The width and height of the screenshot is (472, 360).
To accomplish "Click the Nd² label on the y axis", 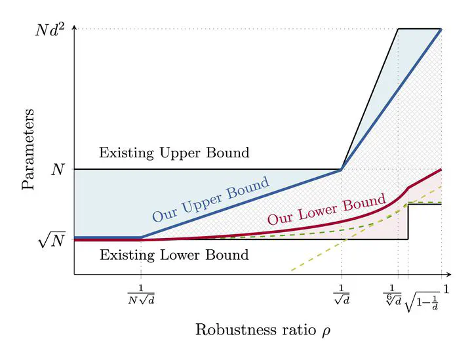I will (x=50, y=30).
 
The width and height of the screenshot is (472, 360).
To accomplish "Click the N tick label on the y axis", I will (x=58, y=170).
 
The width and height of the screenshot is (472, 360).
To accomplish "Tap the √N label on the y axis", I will (x=52, y=241).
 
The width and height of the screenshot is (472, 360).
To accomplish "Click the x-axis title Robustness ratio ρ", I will (x=262, y=329).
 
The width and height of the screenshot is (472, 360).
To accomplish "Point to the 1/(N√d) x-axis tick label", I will (x=142, y=295).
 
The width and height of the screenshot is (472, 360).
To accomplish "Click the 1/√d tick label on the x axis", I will (x=341, y=295).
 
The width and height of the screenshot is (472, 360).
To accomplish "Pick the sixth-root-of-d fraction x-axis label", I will (x=391, y=294).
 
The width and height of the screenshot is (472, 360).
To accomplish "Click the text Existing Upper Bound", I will (x=174, y=153).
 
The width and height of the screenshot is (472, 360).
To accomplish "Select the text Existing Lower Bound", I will (x=174, y=255).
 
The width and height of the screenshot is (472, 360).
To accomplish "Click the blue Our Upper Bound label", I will (x=211, y=199).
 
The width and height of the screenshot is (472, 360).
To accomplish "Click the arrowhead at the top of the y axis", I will (x=74, y=27).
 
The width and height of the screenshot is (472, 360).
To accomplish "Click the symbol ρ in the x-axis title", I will (x=326, y=330).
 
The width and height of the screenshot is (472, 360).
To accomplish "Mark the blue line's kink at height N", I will (x=341, y=170).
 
